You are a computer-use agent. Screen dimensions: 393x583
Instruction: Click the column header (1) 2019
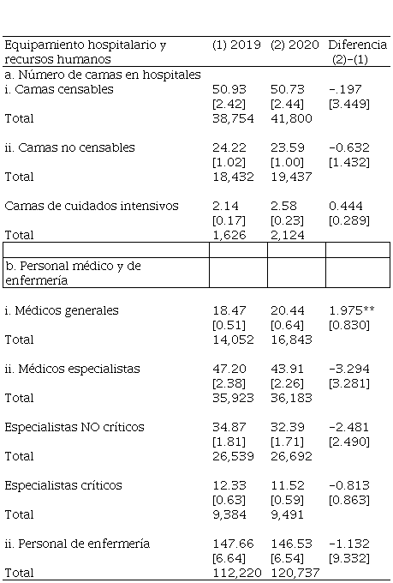pyautogui.click(x=236, y=45)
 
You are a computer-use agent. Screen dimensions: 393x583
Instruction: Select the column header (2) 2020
pyautogui.click(x=295, y=45)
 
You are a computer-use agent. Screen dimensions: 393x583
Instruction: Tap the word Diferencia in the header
pyautogui.click(x=358, y=45)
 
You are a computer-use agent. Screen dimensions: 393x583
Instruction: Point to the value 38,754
pyautogui.click(x=233, y=118)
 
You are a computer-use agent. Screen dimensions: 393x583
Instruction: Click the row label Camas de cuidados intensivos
pyautogui.click(x=92, y=206)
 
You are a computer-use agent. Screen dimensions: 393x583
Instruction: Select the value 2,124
pyautogui.click(x=287, y=235)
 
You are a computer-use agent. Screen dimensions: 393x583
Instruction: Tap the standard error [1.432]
pyautogui.click(x=349, y=163)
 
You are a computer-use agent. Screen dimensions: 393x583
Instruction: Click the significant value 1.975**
pyautogui.click(x=352, y=310)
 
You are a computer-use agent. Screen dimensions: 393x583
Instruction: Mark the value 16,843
pyautogui.click(x=291, y=340)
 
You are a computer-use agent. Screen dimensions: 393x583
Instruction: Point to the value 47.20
pyautogui.click(x=229, y=369)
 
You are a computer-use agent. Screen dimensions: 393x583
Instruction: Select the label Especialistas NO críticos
pyautogui.click(x=74, y=427)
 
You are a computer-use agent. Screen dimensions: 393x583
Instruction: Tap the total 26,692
pyautogui.click(x=291, y=456)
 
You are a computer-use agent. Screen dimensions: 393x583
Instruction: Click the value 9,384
pyautogui.click(x=229, y=514)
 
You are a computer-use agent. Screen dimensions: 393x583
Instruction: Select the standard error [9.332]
pyautogui.click(x=349, y=558)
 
